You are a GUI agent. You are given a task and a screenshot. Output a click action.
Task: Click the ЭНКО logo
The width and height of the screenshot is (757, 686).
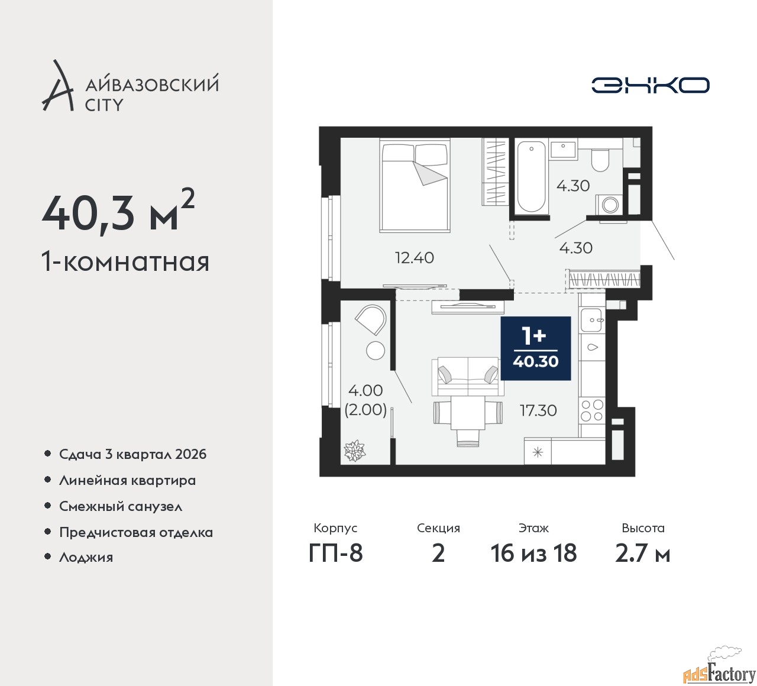click(x=650, y=85)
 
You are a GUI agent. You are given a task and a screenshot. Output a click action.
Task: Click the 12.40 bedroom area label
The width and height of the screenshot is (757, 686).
click(x=415, y=258)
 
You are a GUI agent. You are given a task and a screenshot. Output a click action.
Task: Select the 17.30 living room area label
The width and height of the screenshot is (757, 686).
click(x=539, y=410)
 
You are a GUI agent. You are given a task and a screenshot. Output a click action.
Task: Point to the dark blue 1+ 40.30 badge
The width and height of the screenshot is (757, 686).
click(x=535, y=348)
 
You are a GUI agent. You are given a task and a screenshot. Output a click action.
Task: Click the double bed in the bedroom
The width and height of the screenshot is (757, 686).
click(x=415, y=185)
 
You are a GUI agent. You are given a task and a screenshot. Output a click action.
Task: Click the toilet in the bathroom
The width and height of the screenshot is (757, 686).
click(x=600, y=160)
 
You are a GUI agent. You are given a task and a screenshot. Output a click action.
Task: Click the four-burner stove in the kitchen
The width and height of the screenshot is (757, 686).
click(x=592, y=410)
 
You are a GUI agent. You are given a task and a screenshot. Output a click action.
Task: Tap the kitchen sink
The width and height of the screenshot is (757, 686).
click(x=591, y=320)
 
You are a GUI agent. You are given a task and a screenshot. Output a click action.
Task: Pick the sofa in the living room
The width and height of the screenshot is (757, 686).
click(x=468, y=376)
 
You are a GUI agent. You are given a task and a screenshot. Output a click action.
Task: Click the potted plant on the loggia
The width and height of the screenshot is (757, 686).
click(x=354, y=451)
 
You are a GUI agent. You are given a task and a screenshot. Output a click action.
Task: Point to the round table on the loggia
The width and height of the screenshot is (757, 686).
click(x=375, y=350)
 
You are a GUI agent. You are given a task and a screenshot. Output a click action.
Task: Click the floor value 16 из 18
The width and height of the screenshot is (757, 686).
click(x=533, y=553)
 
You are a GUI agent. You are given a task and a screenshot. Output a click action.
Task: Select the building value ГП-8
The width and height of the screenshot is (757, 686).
click(x=335, y=553)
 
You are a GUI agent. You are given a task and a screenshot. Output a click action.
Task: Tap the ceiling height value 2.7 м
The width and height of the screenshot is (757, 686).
click(x=643, y=554)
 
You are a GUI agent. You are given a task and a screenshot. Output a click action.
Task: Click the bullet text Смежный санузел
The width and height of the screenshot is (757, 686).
click(x=121, y=506)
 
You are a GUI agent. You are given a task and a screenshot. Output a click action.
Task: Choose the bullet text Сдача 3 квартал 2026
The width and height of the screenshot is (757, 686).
click(x=133, y=454)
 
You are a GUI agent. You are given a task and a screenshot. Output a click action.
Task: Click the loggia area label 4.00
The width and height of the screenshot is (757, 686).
click(x=365, y=390)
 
